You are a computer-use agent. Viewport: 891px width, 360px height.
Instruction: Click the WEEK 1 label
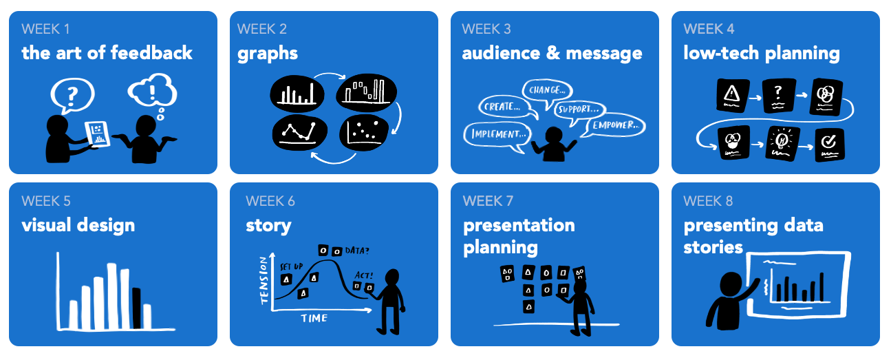(x=45, y=29)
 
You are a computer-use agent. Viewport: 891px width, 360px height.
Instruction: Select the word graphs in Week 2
(x=268, y=53)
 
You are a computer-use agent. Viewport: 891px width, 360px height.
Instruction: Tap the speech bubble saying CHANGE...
(x=548, y=90)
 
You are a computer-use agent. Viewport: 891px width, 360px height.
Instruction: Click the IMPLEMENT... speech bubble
(x=498, y=134)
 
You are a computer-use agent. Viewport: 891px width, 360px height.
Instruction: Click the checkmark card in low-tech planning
(x=828, y=144)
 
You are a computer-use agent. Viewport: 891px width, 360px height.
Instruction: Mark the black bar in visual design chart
(x=136, y=308)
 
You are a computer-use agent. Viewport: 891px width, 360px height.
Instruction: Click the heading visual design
(x=78, y=225)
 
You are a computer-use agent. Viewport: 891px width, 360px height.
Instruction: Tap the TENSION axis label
(x=263, y=281)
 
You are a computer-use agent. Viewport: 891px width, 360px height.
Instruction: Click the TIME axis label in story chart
(x=314, y=318)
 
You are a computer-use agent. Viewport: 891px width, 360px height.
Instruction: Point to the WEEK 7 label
(x=488, y=201)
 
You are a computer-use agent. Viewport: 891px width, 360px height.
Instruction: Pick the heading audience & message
(x=552, y=53)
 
